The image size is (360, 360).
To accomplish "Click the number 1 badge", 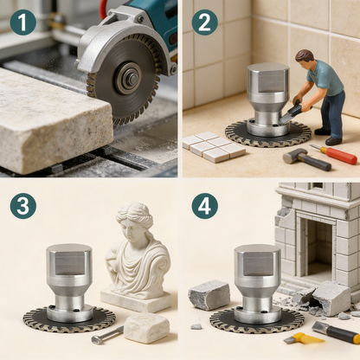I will pos(22,22).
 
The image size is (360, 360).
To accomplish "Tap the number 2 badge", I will pos(204,22).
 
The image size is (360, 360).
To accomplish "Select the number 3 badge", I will pos(22,206).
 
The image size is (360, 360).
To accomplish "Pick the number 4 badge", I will pos(204,206).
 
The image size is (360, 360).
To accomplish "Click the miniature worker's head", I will pos(304,58).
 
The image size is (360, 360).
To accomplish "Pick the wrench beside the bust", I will pos(107,334).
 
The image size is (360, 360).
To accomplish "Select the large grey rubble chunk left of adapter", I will pos(209,294).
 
